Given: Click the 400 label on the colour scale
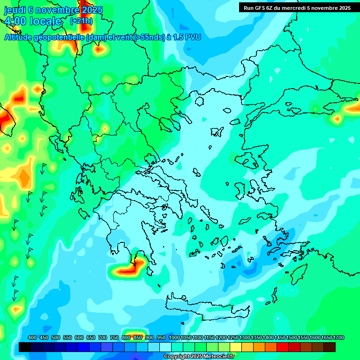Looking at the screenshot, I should click(32, 337).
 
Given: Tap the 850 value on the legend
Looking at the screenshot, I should click(138, 337).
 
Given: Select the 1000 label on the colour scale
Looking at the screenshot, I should click(174, 337).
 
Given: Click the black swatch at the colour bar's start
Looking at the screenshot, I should click(25, 347).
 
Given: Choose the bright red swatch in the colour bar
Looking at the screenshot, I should click(283, 347).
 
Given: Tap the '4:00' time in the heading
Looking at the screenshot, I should click(15, 21).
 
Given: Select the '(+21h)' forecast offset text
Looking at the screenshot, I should click(81, 21).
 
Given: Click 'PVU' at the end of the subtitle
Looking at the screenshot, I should click(193, 37).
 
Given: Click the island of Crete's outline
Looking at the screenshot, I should click(206, 307).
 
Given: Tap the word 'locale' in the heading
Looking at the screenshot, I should click(45, 21).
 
